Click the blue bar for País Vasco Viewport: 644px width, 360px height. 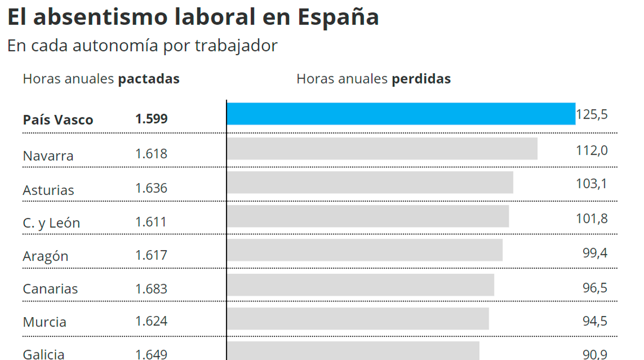(401, 113)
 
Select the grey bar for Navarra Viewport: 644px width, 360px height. (382, 149)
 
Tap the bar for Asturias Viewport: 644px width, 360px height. (370, 183)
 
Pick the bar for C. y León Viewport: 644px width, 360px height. (368, 216)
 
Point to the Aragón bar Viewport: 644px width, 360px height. (365, 250)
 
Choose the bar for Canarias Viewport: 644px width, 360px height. (360, 285)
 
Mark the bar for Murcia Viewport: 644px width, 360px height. (358, 318)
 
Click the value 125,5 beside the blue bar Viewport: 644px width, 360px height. (592, 114)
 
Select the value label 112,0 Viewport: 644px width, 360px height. (592, 150)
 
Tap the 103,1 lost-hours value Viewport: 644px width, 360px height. (592, 184)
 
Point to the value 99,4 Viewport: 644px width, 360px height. (595, 253)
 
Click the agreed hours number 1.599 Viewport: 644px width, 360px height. (151, 119)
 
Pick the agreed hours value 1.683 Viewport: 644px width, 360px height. (151, 288)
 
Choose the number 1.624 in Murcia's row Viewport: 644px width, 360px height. (151, 322)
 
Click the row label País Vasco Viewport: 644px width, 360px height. (58, 120)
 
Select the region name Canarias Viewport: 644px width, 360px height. (50, 289)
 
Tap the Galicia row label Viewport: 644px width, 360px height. (44, 354)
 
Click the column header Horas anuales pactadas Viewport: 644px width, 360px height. (101, 79)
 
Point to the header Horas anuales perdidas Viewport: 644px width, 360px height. (374, 79)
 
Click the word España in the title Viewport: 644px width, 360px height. (338, 17)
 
